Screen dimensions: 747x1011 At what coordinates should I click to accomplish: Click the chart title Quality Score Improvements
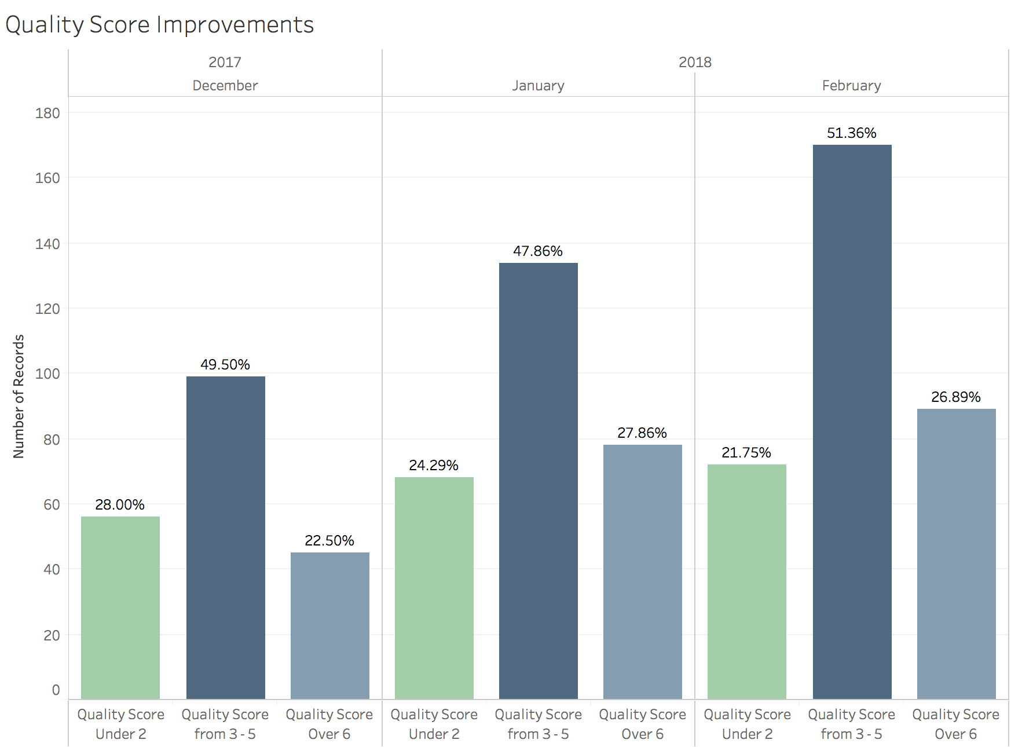pyautogui.click(x=159, y=25)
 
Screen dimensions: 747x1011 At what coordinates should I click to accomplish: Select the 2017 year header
pyautogui.click(x=225, y=62)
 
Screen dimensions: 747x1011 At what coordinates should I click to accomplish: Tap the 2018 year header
pyautogui.click(x=695, y=62)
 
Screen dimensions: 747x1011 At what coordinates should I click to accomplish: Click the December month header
pyautogui.click(x=225, y=86)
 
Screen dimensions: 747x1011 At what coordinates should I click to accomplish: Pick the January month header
pyautogui.click(x=538, y=86)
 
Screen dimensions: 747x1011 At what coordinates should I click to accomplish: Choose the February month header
pyautogui.click(x=851, y=86)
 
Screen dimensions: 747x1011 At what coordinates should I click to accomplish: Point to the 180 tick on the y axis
pyautogui.click(x=47, y=113)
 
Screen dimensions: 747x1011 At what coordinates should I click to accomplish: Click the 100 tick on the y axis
pyautogui.click(x=47, y=373)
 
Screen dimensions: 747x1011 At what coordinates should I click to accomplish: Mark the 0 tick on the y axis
pyautogui.click(x=56, y=690)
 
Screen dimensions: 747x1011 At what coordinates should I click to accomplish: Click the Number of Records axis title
pyautogui.click(x=19, y=397)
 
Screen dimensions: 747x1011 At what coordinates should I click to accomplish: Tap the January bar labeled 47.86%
pyautogui.click(x=538, y=481)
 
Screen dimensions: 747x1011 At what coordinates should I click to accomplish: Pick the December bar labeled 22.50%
pyautogui.click(x=329, y=625)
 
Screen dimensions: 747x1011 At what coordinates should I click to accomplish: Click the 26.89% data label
pyautogui.click(x=955, y=397)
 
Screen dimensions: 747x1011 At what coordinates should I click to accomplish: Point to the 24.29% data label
pyautogui.click(x=433, y=466)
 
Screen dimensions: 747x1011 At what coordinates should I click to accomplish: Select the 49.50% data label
pyautogui.click(x=225, y=365)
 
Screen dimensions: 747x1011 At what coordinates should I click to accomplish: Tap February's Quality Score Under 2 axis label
pyautogui.click(x=747, y=724)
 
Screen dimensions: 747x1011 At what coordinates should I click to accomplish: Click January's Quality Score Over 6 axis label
pyautogui.click(x=642, y=724)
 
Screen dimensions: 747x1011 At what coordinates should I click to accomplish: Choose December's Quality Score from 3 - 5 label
pyautogui.click(x=225, y=724)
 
